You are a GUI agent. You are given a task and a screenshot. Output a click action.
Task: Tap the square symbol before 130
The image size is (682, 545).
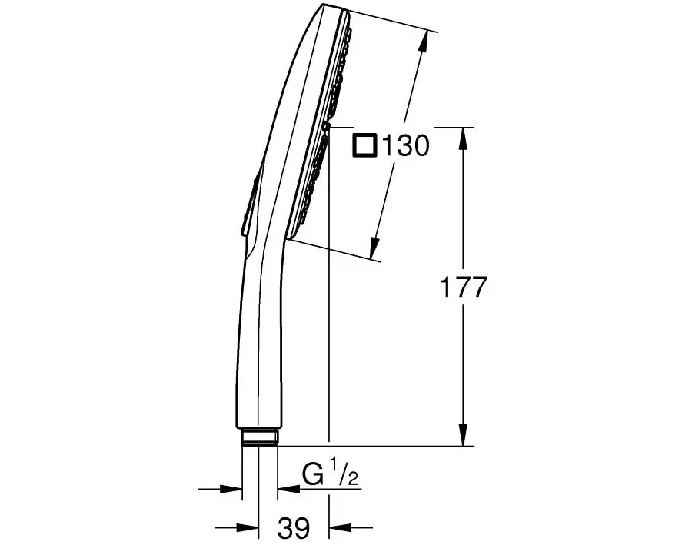[364, 145]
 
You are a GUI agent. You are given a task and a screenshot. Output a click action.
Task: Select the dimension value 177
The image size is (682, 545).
[463, 288]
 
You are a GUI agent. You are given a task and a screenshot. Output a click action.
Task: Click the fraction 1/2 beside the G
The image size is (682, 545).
[343, 476]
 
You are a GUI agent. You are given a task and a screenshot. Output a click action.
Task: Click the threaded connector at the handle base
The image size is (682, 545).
[258, 438]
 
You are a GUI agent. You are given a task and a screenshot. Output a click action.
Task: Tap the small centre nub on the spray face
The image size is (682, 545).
[326, 125]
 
